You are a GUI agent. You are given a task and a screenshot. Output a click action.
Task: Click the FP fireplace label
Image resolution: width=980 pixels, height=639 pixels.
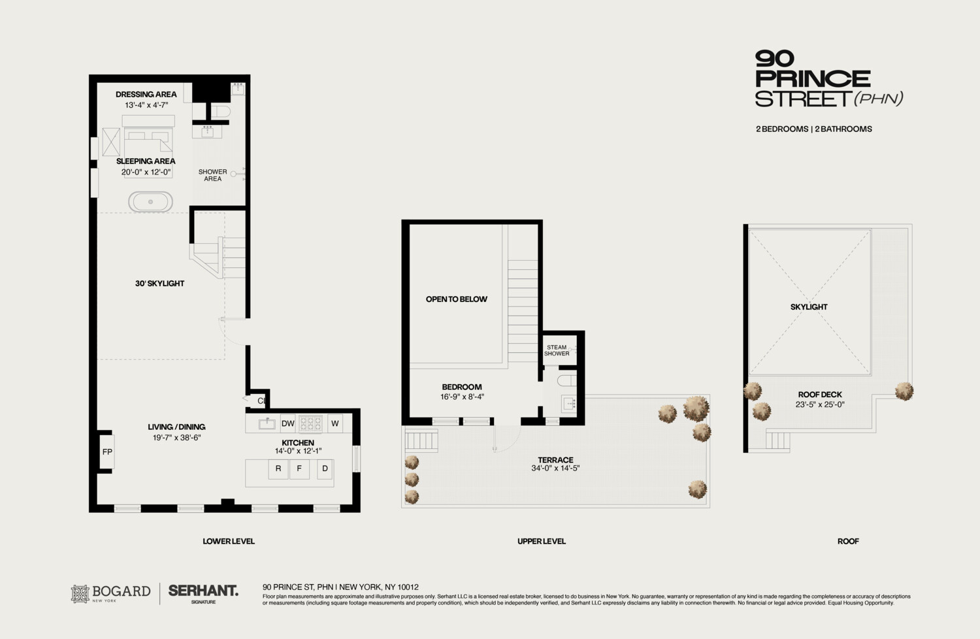107,451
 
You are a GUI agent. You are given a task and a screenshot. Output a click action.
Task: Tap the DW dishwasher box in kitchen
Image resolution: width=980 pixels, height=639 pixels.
288,423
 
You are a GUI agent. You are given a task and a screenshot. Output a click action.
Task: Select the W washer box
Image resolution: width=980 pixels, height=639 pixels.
335,423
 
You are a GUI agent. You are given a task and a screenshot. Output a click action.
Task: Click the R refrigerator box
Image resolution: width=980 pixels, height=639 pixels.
278,468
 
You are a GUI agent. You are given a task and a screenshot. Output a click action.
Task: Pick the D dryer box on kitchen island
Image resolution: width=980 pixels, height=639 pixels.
325,468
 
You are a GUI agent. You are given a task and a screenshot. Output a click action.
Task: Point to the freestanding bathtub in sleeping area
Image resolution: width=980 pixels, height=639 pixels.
150,202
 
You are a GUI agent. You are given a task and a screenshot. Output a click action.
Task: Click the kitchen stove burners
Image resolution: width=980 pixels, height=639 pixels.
311,423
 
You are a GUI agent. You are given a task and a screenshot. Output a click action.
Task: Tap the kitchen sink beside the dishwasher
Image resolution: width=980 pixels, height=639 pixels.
267,423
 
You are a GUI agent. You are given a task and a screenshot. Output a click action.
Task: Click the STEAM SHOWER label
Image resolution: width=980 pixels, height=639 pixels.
557,351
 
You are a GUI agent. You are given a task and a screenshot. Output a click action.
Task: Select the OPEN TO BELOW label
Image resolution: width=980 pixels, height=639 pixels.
457,299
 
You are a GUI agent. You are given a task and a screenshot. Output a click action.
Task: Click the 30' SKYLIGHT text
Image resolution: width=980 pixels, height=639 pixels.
159,284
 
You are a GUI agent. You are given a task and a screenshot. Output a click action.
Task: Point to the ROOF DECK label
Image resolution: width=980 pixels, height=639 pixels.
820,395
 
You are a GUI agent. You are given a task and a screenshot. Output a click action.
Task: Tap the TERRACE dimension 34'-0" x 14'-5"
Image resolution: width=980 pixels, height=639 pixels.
555,468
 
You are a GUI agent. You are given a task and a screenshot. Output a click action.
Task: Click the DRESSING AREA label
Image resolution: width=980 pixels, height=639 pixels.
146,94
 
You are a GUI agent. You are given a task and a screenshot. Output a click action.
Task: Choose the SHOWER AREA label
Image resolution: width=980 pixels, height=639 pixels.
213,175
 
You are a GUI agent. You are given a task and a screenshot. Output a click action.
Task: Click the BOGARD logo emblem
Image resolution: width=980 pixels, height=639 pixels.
80,593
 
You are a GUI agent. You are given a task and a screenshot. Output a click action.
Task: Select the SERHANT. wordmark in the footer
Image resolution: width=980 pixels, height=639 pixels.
203,591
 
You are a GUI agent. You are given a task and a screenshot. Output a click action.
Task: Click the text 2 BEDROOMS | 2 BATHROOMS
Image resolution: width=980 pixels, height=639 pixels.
814,129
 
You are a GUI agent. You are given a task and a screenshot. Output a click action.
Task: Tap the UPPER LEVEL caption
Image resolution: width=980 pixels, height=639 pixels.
542,541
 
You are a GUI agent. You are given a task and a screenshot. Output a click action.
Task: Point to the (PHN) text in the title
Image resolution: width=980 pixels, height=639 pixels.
879,99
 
